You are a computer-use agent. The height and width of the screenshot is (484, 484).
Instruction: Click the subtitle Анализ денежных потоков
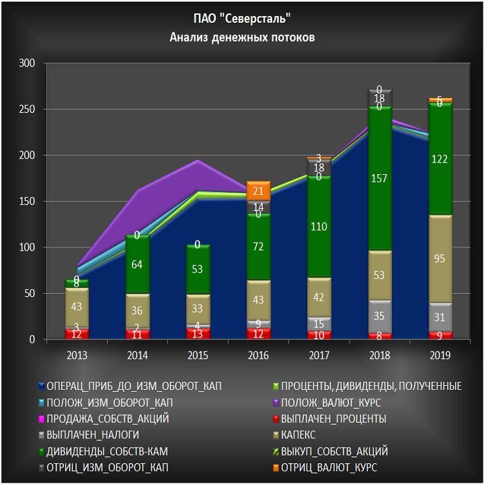pos(242,38)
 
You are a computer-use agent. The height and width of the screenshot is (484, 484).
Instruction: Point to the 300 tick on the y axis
pos(28,63)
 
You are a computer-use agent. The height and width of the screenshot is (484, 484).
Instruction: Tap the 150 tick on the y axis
pos(28,202)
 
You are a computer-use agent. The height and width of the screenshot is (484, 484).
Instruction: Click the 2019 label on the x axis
pos(440,354)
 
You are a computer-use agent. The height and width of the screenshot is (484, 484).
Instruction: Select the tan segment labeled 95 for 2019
pos(440,259)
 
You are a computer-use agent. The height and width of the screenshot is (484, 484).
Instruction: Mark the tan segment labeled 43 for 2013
pos(77,307)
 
